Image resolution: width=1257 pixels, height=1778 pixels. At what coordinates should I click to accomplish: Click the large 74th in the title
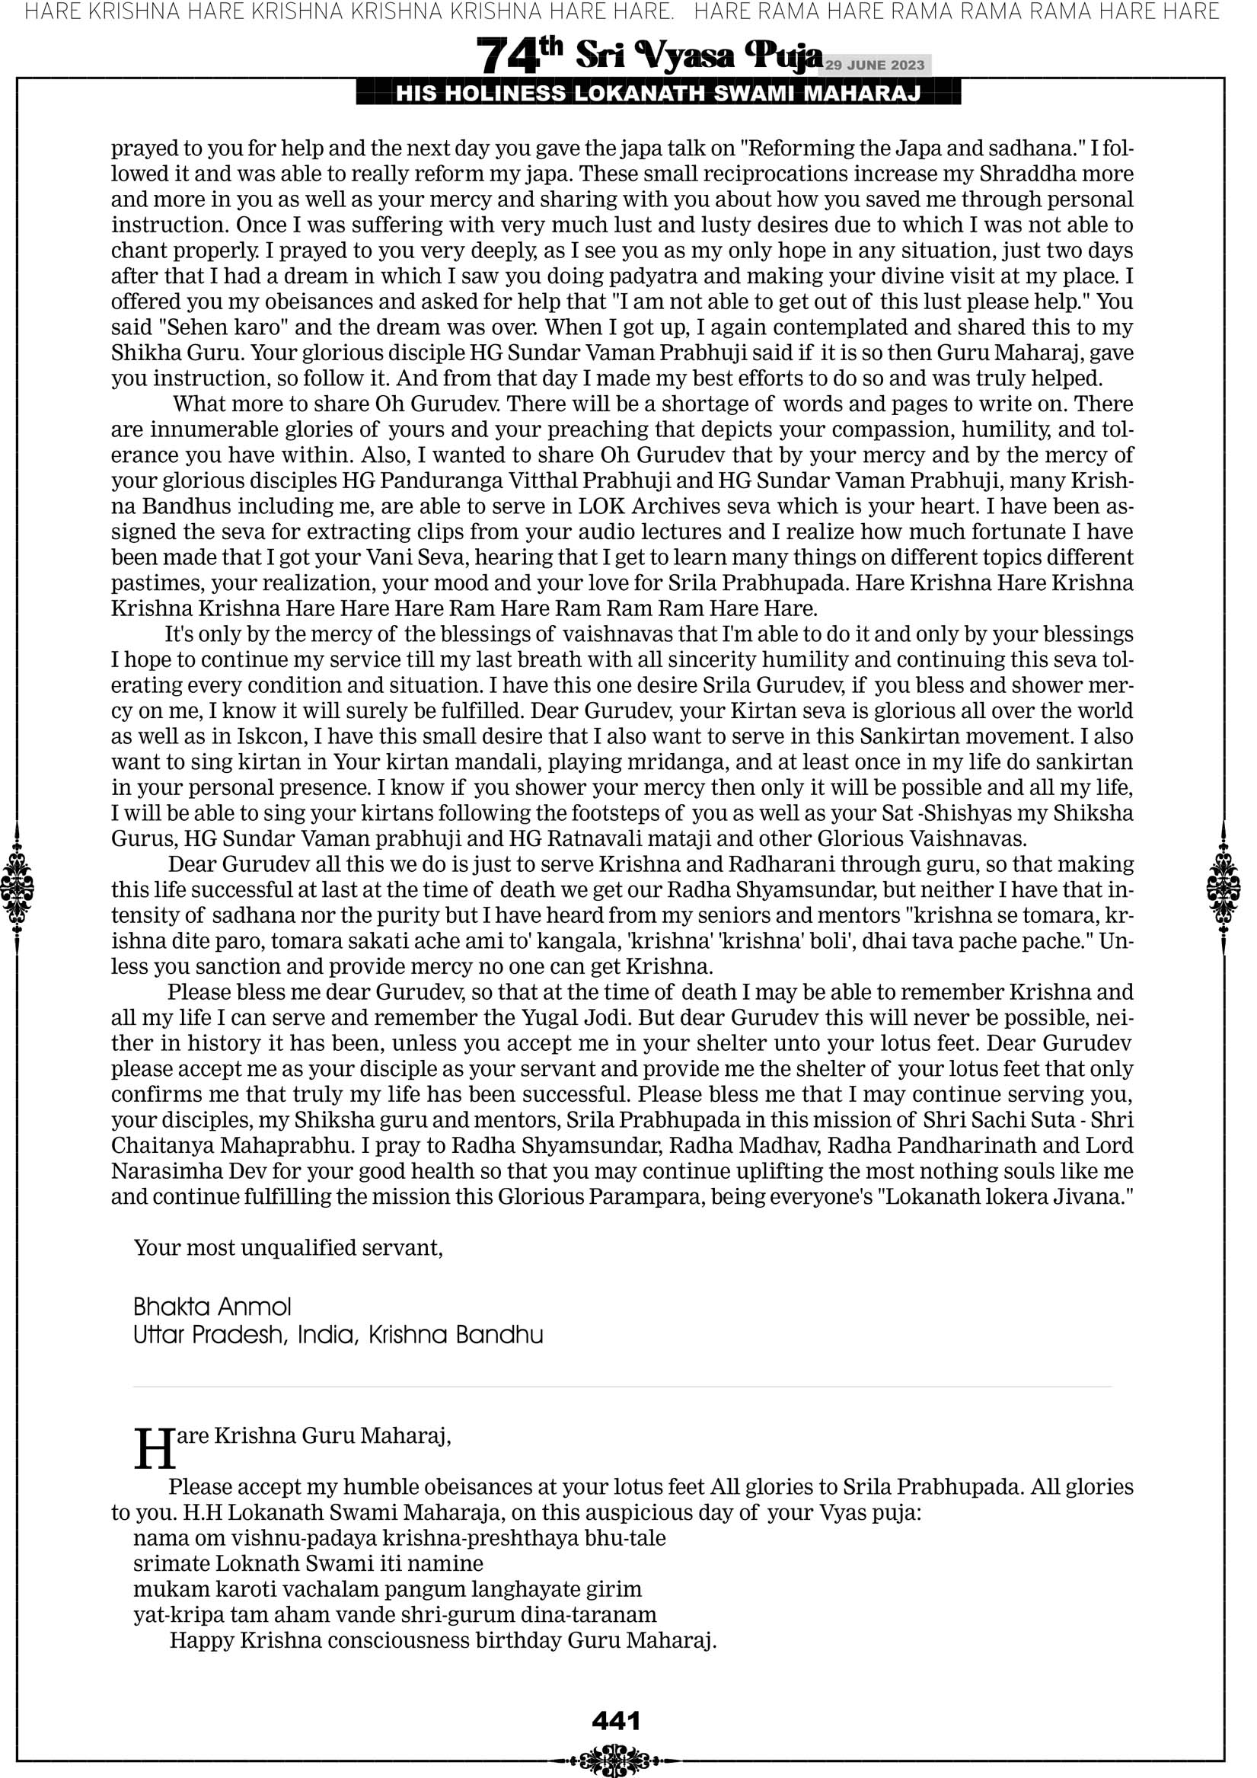518,56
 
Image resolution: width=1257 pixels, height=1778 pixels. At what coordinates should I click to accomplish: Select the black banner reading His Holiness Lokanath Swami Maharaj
658,94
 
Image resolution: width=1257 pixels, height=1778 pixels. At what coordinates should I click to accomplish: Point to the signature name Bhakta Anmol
212,1307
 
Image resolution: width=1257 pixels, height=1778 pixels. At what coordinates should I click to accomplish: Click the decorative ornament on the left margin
17,887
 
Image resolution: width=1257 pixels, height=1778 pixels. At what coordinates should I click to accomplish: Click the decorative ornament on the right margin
1224,887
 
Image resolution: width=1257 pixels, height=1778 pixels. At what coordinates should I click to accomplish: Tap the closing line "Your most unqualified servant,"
288,1247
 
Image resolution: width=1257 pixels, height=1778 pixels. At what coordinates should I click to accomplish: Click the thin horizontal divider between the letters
622,1387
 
